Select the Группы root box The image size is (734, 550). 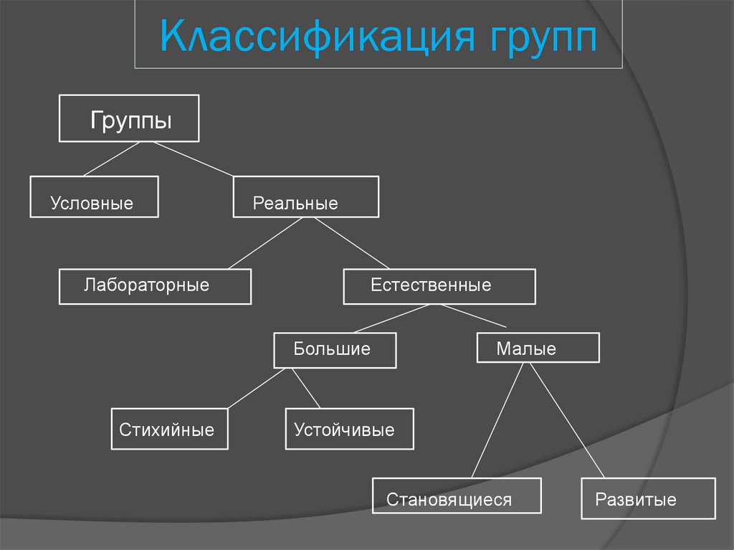tap(129, 118)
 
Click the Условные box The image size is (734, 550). tap(94, 196)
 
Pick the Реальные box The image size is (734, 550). tap(305, 196)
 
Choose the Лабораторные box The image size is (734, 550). tap(155, 286)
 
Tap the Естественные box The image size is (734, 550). tap(439, 286)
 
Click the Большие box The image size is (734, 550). tap(335, 351)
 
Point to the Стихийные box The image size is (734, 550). tap(169, 429)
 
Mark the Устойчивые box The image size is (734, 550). tap(349, 429)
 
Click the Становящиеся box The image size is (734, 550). tap(457, 496)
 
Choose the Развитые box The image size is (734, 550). tap(648, 498)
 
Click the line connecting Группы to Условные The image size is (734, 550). tap(111, 158)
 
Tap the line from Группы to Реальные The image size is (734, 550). tap(193, 158)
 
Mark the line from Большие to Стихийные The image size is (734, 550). tap(259, 389)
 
